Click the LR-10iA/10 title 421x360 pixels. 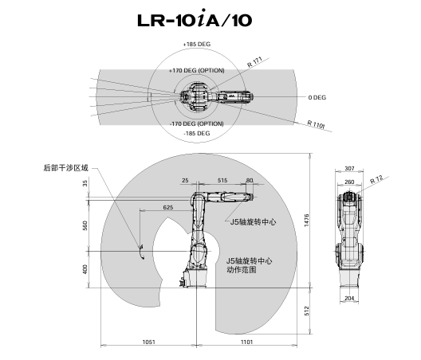195,18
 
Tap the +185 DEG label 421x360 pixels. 197,45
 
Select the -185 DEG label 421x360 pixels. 197,133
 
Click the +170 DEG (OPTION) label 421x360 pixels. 197,71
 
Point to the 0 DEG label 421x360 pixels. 317,97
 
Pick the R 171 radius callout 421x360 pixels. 254,62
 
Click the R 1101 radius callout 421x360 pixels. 316,124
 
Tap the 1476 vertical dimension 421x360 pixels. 307,221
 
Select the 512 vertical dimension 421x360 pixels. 307,311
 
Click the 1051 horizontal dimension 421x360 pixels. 149,342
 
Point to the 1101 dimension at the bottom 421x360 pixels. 246,342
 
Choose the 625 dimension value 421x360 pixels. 168,207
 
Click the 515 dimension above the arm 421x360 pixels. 222,180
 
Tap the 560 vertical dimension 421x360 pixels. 85,225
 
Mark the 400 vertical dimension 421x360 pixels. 85,269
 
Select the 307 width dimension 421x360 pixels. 349,169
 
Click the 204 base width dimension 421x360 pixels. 349,298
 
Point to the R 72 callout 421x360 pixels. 377,179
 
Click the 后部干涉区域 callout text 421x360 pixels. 66,168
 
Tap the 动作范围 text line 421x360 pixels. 242,269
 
